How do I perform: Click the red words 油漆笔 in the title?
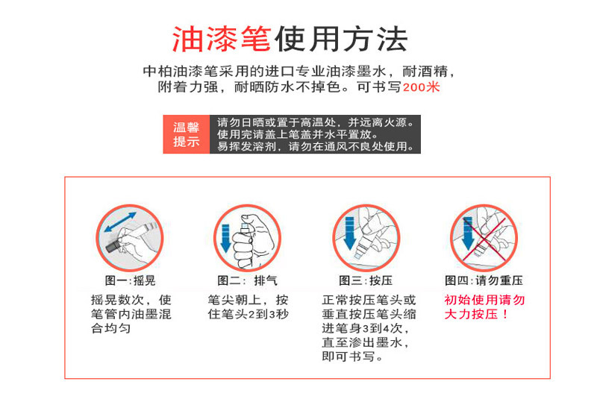click(221, 40)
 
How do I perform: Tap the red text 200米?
click(421, 87)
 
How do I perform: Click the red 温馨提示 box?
click(186, 134)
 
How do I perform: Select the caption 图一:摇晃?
click(130, 280)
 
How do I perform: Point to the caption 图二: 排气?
click(247, 280)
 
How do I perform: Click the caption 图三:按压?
click(366, 280)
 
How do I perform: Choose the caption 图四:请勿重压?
click(484, 280)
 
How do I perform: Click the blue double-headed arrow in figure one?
click(120, 222)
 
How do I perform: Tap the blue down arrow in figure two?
click(225, 239)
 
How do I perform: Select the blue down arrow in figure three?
click(349, 233)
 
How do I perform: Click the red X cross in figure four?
click(484, 239)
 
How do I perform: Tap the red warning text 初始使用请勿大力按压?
click(484, 307)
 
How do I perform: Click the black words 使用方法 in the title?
click(341, 40)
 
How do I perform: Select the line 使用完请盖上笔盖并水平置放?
click(298, 134)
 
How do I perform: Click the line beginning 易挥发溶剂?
click(316, 146)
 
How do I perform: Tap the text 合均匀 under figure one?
click(110, 328)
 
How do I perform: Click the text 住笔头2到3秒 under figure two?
click(248, 314)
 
